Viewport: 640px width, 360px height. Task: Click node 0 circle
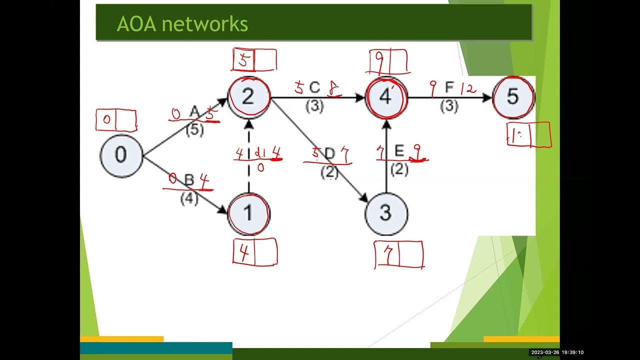121,155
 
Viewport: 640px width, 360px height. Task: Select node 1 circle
248,213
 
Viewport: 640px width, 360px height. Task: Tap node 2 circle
248,96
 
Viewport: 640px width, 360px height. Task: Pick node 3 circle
385,213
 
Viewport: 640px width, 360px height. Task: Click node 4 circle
385,96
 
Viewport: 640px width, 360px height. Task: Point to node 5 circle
513,96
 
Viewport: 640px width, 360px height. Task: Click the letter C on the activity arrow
314,88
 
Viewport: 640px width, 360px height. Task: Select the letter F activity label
449,88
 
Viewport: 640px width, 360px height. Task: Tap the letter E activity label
398,151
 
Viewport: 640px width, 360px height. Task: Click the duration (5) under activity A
194,130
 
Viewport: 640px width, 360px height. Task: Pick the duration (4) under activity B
189,198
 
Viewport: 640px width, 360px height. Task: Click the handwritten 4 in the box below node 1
244,252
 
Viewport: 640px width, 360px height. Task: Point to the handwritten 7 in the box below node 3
386,255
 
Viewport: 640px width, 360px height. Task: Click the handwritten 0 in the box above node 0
106,120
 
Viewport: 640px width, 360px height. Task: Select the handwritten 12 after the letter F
468,89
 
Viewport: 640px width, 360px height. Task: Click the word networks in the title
211,23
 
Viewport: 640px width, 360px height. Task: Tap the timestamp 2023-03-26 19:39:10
557,352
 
